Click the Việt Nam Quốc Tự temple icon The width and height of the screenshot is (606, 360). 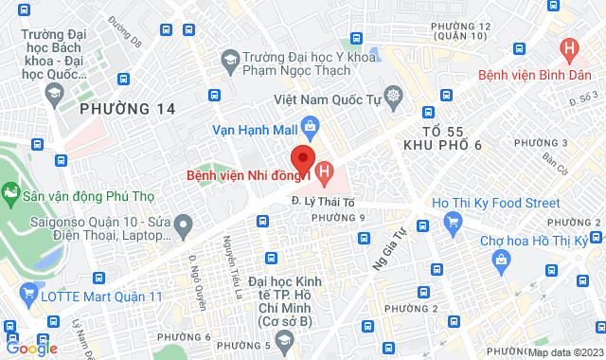(x=393, y=98)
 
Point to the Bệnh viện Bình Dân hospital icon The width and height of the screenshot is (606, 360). (x=569, y=47)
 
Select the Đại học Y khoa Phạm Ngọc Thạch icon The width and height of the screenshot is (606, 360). (x=230, y=61)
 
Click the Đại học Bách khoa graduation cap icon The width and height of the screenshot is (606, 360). (x=54, y=93)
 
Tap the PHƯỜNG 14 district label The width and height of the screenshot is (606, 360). (x=128, y=109)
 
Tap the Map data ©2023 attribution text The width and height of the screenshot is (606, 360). (x=564, y=352)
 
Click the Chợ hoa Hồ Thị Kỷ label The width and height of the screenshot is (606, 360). (x=534, y=241)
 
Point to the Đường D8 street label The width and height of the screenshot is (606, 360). (x=123, y=31)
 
